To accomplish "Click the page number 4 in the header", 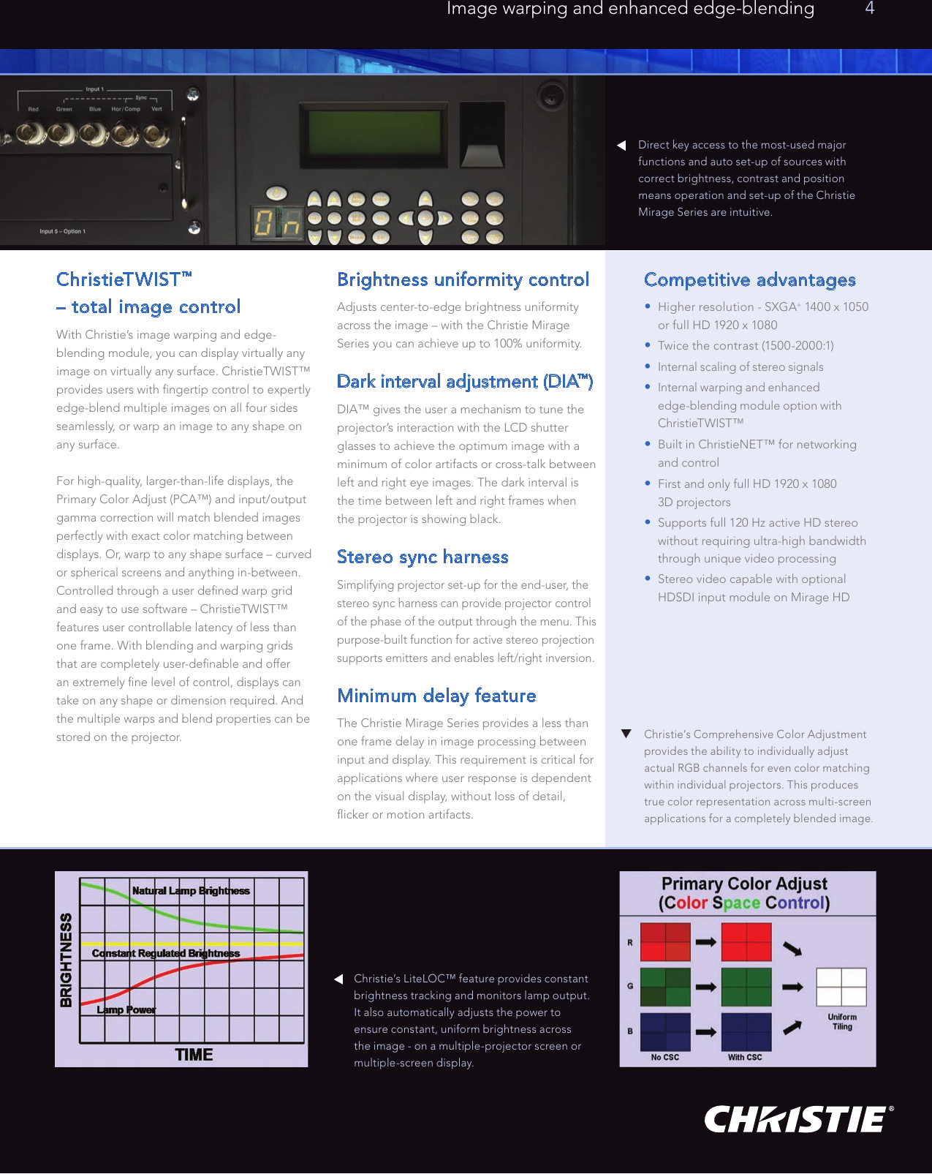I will coord(869,9).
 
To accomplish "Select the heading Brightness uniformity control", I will coord(463,279).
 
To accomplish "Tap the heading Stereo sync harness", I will coord(423,557).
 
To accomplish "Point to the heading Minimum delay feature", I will coord(436,696).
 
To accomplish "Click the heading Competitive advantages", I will coord(749,279).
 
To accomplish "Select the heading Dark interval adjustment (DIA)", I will coord(464,382).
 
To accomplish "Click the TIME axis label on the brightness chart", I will coord(194,1055).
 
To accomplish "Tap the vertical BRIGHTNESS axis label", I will coord(67,960).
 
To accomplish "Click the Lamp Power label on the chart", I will coord(126,1010).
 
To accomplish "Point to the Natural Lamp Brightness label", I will coord(191,891).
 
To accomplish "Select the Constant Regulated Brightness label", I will coord(166,953).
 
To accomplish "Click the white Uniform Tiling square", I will coord(841,987).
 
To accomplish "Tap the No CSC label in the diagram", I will coord(664,1058).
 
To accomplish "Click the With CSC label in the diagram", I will coord(744,1058).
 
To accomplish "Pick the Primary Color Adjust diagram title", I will coord(744,893).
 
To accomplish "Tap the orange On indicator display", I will coord(277,223).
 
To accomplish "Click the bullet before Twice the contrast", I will coord(648,345).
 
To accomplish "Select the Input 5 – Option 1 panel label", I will coord(62,231).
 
